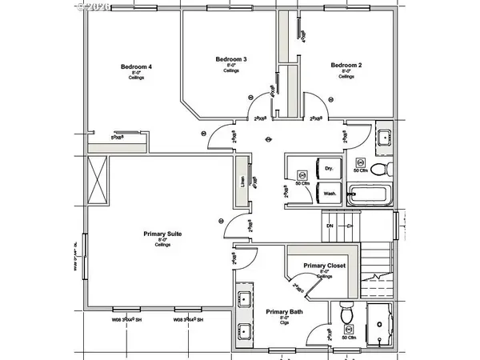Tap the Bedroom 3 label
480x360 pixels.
pyautogui.click(x=231, y=59)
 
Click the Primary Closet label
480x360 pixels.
pyautogui.click(x=324, y=265)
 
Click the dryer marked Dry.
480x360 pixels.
pyautogui.click(x=328, y=169)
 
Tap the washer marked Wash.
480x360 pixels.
pyautogui.click(x=328, y=193)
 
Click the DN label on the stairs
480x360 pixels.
pyautogui.click(x=330, y=226)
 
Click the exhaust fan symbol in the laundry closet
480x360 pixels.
pyautogui.click(x=302, y=173)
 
